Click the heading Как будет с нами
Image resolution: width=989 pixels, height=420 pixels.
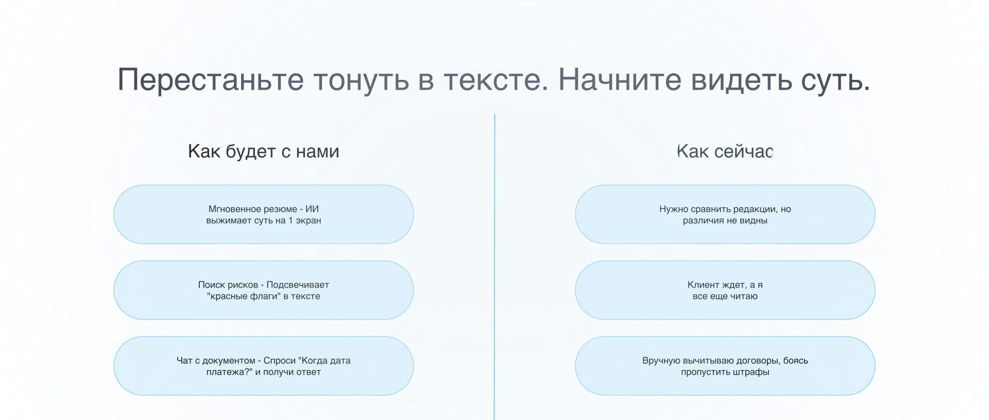263,152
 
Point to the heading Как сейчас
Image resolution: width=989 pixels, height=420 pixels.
725,152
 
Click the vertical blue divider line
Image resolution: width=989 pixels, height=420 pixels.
494,258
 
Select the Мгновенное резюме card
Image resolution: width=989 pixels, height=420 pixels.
263,214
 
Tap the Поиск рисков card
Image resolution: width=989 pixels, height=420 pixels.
263,290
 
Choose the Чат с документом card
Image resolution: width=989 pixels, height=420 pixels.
263,366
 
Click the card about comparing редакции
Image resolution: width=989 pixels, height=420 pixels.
725,214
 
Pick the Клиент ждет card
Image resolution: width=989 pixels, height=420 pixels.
725,290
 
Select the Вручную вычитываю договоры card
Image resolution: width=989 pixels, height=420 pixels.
725,366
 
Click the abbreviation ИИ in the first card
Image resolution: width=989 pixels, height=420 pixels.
312,209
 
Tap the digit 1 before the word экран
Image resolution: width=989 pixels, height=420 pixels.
291,221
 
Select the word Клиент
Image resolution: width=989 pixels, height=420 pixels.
703,285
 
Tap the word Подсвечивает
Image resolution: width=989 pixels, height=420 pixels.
298,285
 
